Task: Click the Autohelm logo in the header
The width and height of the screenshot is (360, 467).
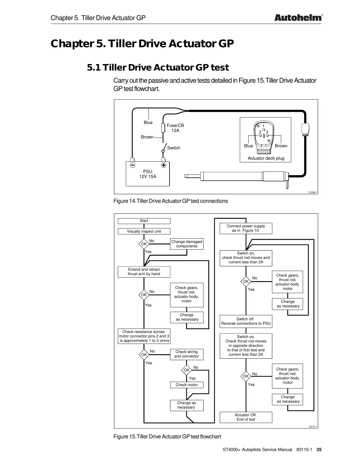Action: coord(298,18)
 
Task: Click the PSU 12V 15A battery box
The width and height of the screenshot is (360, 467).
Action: coord(148,174)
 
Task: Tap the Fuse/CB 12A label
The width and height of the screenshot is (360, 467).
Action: coord(175,128)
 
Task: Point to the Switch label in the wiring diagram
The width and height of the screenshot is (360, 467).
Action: coord(174,148)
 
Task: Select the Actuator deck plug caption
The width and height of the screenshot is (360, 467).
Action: coord(266,158)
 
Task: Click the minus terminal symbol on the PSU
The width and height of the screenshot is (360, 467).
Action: coord(133,165)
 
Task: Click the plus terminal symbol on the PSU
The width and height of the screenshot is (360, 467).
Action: coord(163,165)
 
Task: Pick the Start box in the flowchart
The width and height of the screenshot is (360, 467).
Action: coord(144,221)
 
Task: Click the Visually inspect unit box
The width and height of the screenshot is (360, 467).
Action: coord(144,231)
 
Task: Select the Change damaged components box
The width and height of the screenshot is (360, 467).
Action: coord(187,244)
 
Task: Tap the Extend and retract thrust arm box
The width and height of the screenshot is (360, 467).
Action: coord(144,272)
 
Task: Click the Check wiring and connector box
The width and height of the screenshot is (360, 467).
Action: coord(187,354)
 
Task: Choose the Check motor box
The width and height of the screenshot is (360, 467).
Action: coord(187,385)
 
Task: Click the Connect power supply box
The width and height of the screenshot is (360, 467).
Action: coord(246,228)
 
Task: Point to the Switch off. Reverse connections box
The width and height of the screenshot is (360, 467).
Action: coord(246,321)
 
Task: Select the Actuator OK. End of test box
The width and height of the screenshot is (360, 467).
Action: coord(246,417)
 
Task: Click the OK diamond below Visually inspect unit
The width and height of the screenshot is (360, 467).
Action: coord(144,244)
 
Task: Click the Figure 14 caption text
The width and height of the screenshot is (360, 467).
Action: coord(171,201)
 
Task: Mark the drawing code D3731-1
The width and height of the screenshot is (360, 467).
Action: coord(313,427)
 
